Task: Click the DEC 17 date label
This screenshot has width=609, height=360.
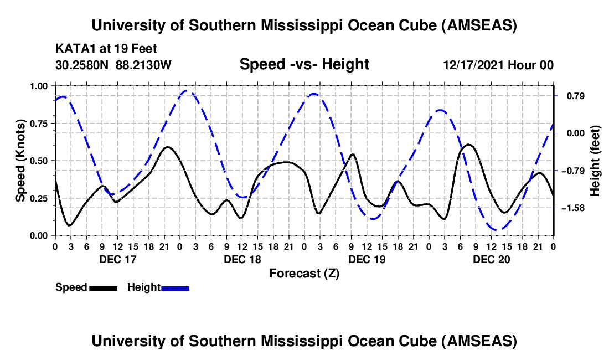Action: pos(117,259)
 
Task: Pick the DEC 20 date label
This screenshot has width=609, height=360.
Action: pos(491,259)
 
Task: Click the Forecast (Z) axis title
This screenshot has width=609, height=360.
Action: pos(304,273)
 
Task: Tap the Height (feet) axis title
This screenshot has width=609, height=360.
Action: pos(595,161)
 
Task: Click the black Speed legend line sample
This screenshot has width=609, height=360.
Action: pos(103,287)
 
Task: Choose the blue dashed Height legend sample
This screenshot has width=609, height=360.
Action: pos(176,287)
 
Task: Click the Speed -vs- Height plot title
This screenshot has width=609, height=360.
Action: pos(304,64)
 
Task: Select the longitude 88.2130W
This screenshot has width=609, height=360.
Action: pos(144,65)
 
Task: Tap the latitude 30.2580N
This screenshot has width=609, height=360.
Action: pos(82,65)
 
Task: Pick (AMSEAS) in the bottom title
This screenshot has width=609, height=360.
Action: pos(479,341)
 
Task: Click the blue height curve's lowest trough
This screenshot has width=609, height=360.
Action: pos(498,229)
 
